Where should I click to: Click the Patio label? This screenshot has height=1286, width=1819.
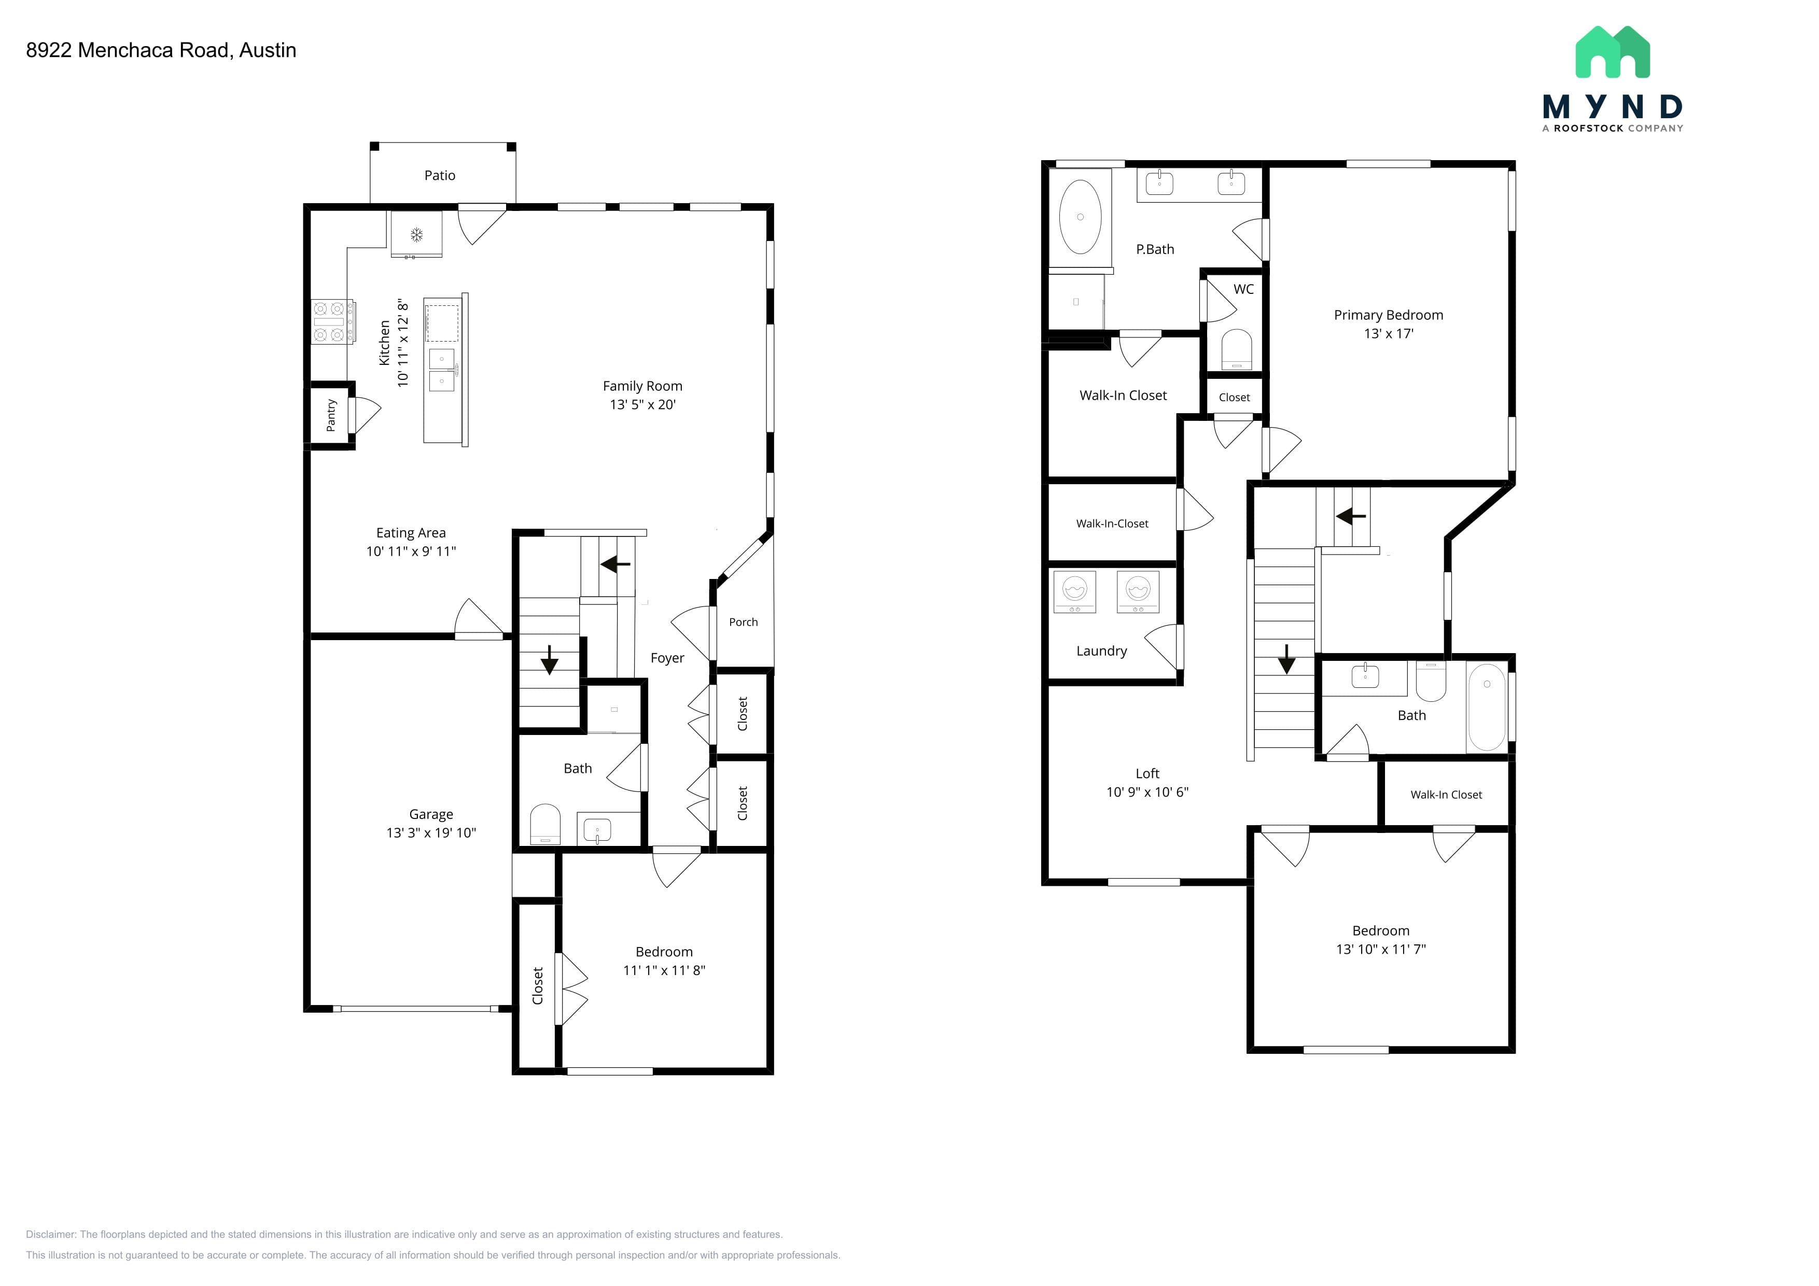click(x=440, y=176)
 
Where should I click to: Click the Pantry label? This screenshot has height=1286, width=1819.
click(x=331, y=415)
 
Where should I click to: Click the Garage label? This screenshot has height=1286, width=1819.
click(x=431, y=814)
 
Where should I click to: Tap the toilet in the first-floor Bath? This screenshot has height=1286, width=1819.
click(x=545, y=824)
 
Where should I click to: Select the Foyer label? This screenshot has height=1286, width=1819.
click(x=667, y=658)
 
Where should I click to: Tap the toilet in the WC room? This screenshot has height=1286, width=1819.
click(x=1237, y=349)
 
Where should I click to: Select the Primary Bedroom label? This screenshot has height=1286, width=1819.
click(x=1388, y=315)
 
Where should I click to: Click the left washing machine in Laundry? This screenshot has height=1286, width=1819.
click(x=1074, y=591)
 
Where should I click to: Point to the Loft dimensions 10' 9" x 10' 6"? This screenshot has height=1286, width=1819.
click(x=1147, y=792)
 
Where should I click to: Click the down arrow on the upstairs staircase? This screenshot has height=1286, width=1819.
click(x=1286, y=659)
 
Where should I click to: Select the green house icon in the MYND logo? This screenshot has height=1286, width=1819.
click(x=1612, y=52)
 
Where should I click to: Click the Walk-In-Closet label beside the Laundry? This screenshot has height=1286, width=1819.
click(x=1112, y=524)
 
